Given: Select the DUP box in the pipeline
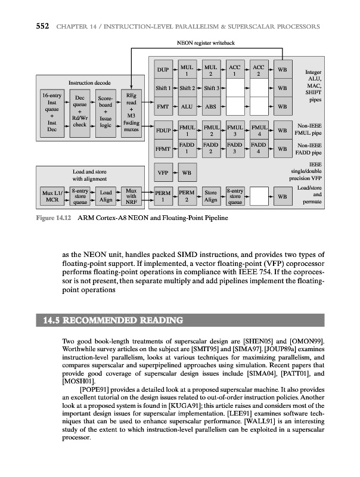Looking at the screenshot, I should tap(163, 70).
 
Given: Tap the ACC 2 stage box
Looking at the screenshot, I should tap(259, 70).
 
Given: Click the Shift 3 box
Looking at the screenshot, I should tap(212, 89).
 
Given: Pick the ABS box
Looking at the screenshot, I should tap(212, 107).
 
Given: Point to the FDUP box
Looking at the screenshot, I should tap(163, 130).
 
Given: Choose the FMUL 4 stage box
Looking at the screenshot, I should tap(259, 130).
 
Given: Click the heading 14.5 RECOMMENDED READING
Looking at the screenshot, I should tap(113, 321).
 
